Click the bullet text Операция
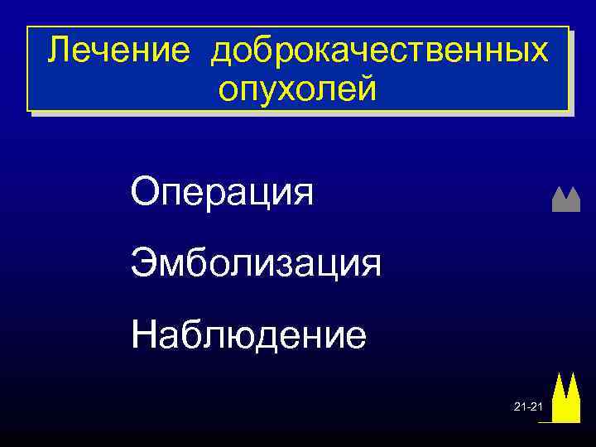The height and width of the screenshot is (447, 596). (x=222, y=193)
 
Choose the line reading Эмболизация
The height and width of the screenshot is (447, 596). (x=256, y=264)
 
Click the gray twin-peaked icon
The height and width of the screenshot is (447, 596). (x=565, y=200)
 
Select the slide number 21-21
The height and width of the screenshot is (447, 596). (x=527, y=409)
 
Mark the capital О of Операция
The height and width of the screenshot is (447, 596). (x=145, y=193)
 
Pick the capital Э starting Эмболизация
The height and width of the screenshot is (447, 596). (x=142, y=264)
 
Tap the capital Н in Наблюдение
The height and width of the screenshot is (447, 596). (x=143, y=335)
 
